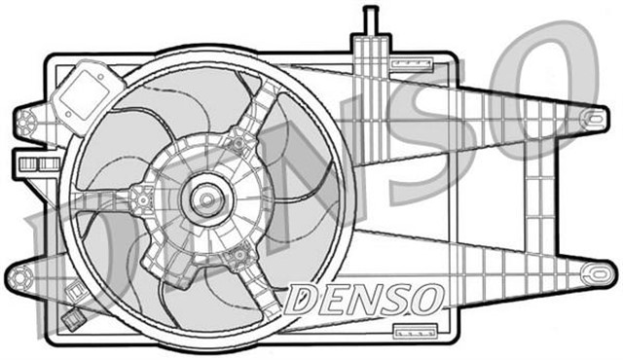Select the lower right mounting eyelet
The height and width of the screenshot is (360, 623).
591,274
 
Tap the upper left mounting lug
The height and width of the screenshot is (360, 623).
26,121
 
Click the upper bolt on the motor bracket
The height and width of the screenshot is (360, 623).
234,145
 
